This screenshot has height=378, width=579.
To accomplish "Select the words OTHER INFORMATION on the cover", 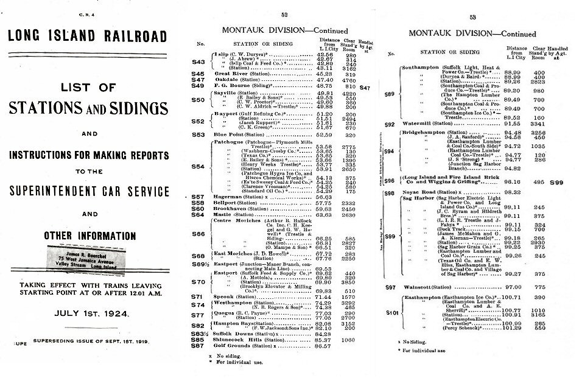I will pyautogui.click(x=89, y=236).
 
